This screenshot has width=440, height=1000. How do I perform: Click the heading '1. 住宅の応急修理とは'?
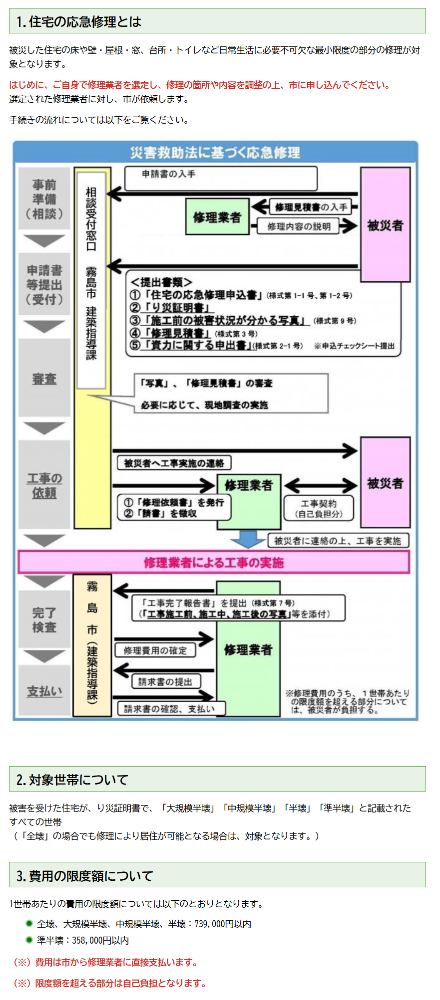[79, 21]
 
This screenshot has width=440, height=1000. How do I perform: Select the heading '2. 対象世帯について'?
[72, 780]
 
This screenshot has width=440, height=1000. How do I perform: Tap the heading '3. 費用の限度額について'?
[84, 876]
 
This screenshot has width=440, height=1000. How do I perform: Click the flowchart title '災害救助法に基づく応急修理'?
[215, 153]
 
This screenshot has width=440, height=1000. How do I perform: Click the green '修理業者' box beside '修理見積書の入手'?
[217, 217]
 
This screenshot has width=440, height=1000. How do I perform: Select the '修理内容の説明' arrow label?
[299, 226]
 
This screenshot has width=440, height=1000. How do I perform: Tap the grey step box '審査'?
[44, 379]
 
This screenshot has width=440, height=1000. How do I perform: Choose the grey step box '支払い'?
[44, 691]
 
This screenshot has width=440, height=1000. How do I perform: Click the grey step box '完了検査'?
[44, 620]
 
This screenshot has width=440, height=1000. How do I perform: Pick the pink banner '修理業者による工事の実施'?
[214, 563]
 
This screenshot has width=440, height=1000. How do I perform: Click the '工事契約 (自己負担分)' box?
[319, 509]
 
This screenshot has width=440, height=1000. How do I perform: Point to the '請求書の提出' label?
[165, 682]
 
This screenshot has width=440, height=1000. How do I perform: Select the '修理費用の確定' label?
[155, 650]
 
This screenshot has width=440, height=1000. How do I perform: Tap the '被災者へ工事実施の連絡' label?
[174, 463]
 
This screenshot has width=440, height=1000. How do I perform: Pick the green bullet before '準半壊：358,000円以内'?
[29, 940]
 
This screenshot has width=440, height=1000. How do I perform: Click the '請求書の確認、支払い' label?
[170, 709]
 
